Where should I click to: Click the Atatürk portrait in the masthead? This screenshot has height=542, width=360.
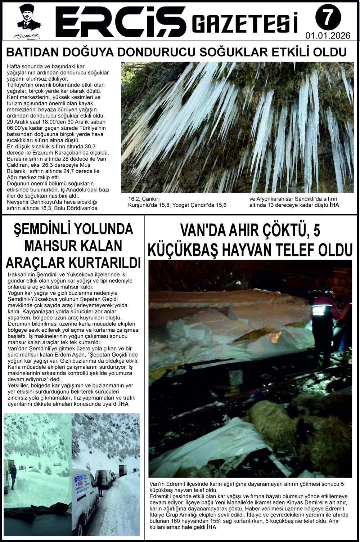(x=28, y=17)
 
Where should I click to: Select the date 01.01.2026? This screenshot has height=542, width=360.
(x=328, y=36)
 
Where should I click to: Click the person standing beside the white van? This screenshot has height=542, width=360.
(x=100, y=484)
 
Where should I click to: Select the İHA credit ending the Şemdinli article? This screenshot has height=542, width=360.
(x=123, y=404)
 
